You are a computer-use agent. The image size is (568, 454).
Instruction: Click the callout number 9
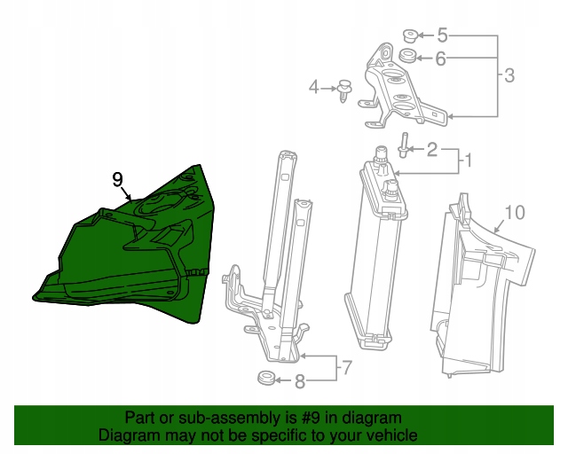pyautogui.click(x=118, y=180)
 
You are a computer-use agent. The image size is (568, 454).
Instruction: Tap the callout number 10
pyautogui.click(x=515, y=213)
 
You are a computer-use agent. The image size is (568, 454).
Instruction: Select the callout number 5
pyautogui.click(x=442, y=35)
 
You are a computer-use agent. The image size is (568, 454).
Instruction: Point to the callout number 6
pyautogui.click(x=440, y=59)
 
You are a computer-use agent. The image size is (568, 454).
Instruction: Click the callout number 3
pyautogui.click(x=509, y=75)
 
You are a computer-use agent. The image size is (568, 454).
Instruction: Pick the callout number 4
pyautogui.click(x=313, y=88)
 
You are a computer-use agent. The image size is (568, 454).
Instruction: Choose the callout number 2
pyautogui.click(x=432, y=150)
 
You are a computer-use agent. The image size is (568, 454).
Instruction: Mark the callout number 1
pyautogui.click(x=468, y=160)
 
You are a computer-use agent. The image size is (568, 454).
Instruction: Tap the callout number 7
pyautogui.click(x=347, y=367)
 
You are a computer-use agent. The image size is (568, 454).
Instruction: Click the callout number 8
pyautogui.click(x=300, y=381)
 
